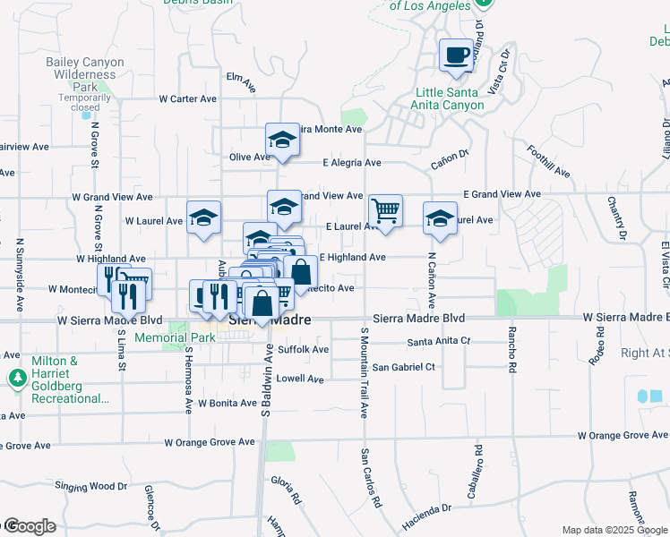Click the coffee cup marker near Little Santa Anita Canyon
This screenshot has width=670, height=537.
pyautogui.click(x=457, y=55)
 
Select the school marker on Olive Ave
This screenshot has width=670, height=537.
pyautogui.click(x=282, y=141)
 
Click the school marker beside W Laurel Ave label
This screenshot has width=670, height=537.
pyautogui.click(x=203, y=217)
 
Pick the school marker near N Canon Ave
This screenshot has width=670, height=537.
pyautogui.click(x=440, y=219)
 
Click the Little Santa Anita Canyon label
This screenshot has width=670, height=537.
pyautogui.click(x=450, y=98)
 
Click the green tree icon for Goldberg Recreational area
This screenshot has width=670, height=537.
pyautogui.click(x=17, y=379)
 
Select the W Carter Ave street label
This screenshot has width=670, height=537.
pyautogui.click(x=188, y=98)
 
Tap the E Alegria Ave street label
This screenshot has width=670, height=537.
pyautogui.click(x=352, y=163)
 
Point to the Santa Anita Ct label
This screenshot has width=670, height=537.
pyautogui.click(x=439, y=342)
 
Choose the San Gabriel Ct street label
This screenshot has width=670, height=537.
pyautogui.click(x=403, y=367)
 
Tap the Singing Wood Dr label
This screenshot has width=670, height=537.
pyautogui.click(x=91, y=486)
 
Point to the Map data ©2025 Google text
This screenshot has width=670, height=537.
pyautogui.click(x=614, y=530)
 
